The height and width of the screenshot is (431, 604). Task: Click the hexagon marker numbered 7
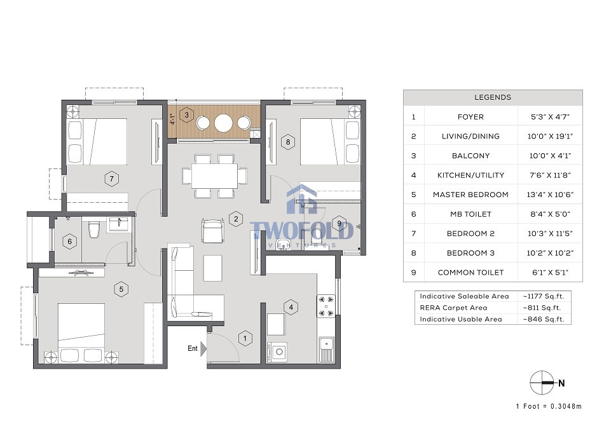click(112, 179)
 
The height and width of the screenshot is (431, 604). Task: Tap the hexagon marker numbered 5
click(121, 289)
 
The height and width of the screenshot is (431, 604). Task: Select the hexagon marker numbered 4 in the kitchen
click(291, 308)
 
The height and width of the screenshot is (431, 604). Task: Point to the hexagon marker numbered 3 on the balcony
click(186, 115)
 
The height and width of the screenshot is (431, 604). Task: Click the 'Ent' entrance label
click(193, 348)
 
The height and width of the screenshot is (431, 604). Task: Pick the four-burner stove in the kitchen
click(326, 306)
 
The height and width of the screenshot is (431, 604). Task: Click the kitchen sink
click(326, 350)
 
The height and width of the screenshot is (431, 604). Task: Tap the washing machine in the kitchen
click(277, 352)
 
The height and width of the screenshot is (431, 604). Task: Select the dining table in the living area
click(215, 176)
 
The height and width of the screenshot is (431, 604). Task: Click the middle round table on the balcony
click(223, 123)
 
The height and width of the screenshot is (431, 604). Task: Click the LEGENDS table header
click(493, 97)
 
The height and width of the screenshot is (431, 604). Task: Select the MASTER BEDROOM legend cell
click(470, 195)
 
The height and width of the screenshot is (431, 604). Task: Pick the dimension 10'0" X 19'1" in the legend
click(550, 136)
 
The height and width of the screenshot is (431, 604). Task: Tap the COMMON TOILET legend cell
click(470, 272)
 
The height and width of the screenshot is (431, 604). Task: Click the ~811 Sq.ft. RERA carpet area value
click(544, 308)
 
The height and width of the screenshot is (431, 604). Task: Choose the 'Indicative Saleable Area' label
click(465, 296)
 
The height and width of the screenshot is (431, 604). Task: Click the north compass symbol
click(542, 383)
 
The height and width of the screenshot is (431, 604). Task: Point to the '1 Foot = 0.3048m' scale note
click(549, 406)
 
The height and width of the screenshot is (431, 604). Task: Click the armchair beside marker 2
click(212, 231)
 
